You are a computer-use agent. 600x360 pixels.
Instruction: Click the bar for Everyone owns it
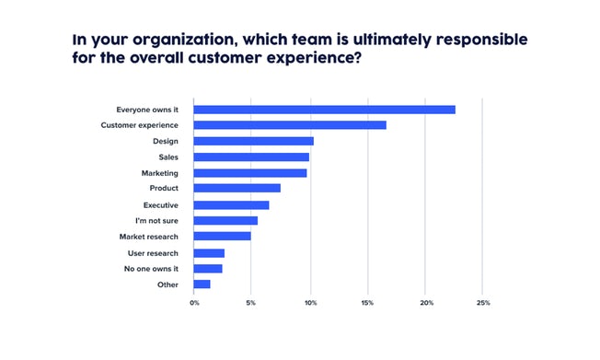(x=325, y=110)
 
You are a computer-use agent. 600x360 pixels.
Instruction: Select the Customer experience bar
(x=290, y=125)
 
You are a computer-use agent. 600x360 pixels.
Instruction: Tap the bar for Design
(x=253, y=141)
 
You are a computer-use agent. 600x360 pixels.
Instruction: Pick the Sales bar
(x=251, y=157)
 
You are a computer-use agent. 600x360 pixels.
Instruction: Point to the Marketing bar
(x=250, y=173)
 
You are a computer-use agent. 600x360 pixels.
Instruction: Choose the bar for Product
(x=237, y=188)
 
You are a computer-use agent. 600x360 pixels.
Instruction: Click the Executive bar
(x=231, y=205)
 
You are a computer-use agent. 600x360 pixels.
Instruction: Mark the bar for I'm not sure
(x=225, y=221)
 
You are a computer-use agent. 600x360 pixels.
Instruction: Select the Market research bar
(x=222, y=237)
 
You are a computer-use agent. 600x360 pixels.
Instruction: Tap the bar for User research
(x=209, y=253)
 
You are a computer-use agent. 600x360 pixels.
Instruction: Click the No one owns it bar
(x=208, y=269)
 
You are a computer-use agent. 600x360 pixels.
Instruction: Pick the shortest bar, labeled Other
(x=202, y=285)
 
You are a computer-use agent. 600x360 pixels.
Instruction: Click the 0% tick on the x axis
(x=194, y=303)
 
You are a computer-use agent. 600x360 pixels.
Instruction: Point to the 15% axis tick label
(x=367, y=303)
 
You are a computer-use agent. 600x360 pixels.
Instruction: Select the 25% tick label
(x=483, y=303)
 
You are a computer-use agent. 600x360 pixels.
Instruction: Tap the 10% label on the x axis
(x=311, y=303)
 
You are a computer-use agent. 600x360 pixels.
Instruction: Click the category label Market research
(x=149, y=237)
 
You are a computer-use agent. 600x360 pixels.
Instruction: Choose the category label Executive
(x=161, y=205)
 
